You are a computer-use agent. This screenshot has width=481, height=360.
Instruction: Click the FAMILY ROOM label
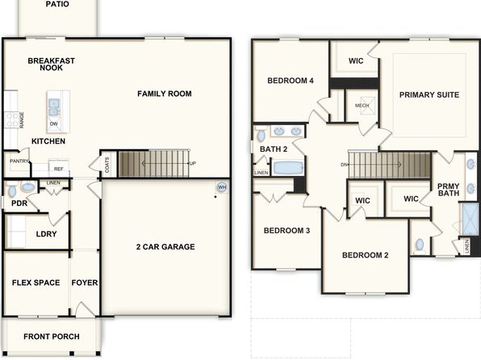pos(165,94)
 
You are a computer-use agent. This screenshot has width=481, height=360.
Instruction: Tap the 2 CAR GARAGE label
pos(165,247)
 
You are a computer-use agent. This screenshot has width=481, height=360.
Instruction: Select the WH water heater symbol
pos(222,187)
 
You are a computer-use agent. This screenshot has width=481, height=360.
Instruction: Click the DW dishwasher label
pos(54,124)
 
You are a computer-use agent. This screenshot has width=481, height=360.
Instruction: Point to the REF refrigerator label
pos(59,170)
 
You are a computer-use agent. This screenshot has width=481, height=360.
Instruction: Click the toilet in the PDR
pos(12,190)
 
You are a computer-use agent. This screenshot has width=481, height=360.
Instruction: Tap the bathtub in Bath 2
pos(288,168)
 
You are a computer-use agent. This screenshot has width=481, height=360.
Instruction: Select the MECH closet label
pos(362,105)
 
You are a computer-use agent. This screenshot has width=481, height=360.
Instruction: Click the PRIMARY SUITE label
pos(429,94)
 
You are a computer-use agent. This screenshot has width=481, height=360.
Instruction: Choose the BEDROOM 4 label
pos(291,81)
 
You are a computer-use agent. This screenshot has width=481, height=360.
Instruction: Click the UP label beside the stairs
pos(193,164)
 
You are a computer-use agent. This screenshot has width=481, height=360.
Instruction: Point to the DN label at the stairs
pos(344,165)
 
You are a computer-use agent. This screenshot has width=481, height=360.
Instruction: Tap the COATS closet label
pos(107,165)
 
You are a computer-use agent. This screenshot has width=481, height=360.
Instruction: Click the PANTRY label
pos(19,161)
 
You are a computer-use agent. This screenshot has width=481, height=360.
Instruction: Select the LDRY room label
pos(46,234)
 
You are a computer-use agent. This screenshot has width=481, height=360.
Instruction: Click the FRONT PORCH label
pos(52,337)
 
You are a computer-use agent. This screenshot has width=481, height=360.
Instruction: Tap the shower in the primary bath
pos(470,219)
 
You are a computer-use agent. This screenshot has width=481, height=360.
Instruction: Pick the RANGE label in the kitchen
pos(22,120)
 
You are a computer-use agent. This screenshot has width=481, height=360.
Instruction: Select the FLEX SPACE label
pos(36,283)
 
